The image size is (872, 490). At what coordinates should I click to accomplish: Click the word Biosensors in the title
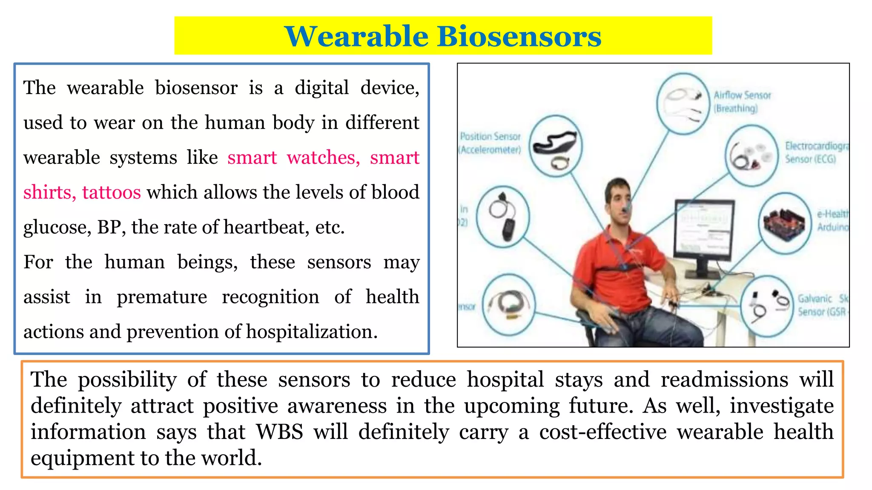[519, 37]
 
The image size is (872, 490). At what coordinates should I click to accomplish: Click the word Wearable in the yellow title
[356, 37]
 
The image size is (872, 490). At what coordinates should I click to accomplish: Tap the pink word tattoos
[111, 193]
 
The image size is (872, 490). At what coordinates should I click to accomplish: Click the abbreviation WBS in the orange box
[279, 432]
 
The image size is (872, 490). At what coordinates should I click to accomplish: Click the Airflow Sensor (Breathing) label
[742, 102]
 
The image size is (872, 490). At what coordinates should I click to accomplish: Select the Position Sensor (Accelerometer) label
[490, 143]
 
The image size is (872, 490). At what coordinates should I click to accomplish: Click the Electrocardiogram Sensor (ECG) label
[815, 152]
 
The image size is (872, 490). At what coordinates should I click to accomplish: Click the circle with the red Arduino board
[785, 223]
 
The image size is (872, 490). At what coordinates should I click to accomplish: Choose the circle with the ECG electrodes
[752, 156]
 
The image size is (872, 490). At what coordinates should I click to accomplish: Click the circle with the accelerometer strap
[555, 147]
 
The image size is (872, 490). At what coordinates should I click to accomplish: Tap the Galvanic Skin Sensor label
[821, 305]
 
